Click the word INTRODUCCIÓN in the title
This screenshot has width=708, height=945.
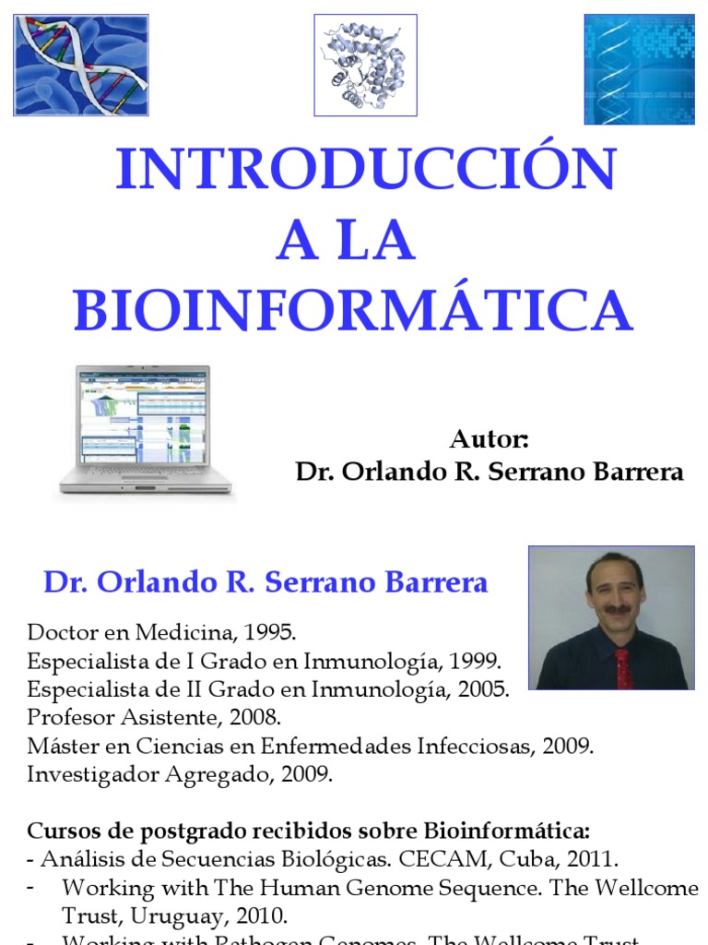[365, 171]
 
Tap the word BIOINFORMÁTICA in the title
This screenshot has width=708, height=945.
[353, 310]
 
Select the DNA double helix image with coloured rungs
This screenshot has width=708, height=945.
[81, 65]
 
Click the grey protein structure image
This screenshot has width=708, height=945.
[366, 65]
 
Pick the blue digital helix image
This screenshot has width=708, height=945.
[639, 69]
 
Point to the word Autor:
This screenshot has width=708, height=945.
[489, 438]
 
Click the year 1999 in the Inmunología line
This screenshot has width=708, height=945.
[475, 661]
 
